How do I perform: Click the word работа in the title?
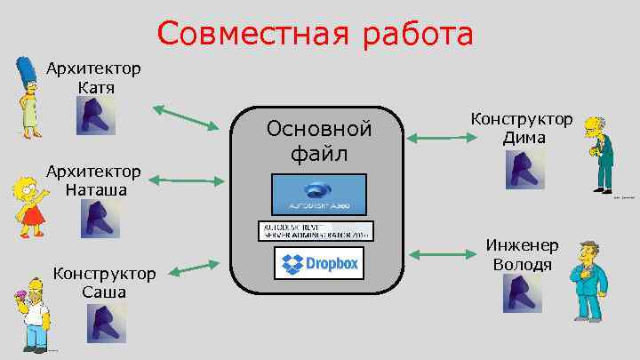coord(416,36)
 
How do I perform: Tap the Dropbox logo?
coord(318,263)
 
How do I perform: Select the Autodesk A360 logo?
coord(319,195)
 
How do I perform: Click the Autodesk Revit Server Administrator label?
coord(316,230)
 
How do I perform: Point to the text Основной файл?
coord(319,141)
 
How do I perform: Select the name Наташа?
coord(95,189)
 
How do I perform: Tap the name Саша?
coord(103,292)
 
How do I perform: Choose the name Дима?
coord(523,138)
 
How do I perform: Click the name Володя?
coord(522,264)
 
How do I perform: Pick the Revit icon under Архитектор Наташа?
coord(100,219)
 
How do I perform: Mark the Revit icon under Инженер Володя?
coord(523,293)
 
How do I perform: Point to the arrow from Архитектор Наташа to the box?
coord(185,180)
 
